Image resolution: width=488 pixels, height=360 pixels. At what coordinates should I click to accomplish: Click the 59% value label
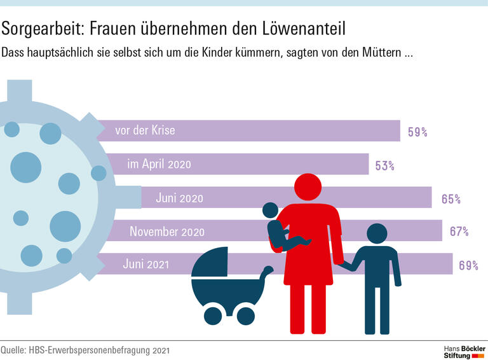[x=417, y=132]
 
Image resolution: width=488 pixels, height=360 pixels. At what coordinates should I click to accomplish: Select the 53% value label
[x=385, y=165]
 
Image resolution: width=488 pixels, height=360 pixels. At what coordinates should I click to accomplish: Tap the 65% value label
[x=451, y=199]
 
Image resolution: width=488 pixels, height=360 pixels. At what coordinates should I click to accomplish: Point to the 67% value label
[x=459, y=232]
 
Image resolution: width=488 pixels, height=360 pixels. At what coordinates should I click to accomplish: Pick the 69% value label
[x=468, y=265]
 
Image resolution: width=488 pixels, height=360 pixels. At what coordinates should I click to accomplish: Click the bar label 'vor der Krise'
[x=145, y=131]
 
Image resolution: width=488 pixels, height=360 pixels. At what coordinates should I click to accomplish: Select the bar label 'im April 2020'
[x=159, y=165]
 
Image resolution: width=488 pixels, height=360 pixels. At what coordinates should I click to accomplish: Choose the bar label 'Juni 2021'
[x=147, y=265]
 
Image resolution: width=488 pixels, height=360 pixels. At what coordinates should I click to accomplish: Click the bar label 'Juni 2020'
[x=179, y=198]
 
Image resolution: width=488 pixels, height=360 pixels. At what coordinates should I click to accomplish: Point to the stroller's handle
[x=267, y=272]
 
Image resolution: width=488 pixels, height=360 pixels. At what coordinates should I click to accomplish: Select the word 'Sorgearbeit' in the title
[x=41, y=29]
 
